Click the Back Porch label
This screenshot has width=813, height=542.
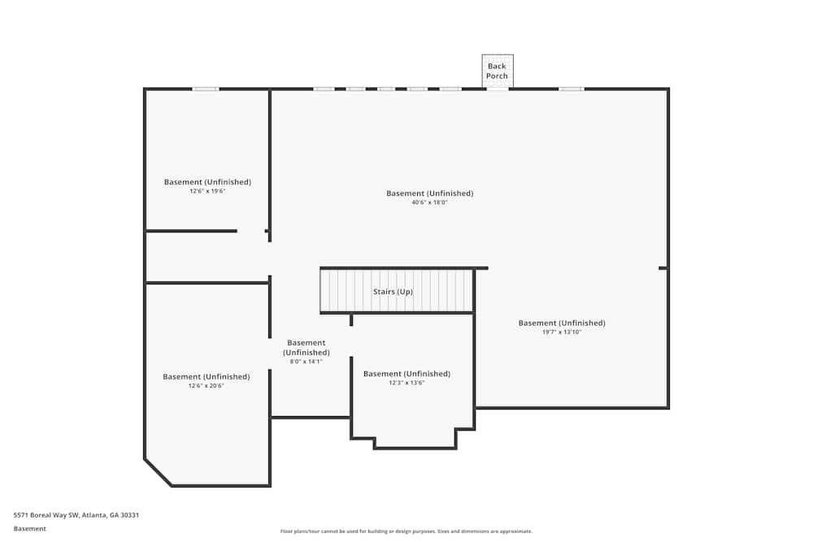tap(497, 71)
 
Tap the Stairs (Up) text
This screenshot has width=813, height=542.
tap(393, 291)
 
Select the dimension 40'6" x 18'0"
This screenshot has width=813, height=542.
tap(429, 202)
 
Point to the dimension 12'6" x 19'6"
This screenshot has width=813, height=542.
tap(207, 191)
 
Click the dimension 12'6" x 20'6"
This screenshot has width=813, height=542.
tap(206, 386)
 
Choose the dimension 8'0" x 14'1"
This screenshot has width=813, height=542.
tap(306, 362)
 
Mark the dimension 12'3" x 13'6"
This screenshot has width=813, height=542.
tap(406, 383)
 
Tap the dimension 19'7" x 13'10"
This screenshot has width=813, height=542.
tap(562, 332)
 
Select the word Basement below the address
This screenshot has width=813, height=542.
tap(30, 528)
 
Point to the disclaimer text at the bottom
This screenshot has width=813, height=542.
tap(406, 531)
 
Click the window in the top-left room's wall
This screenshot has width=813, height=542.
tap(206, 89)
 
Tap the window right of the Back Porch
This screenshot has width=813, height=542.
tap(571, 89)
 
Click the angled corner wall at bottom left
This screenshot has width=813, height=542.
tap(158, 472)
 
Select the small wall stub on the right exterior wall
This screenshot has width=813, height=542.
tap(663, 267)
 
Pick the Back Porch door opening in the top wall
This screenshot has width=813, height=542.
tap(498, 89)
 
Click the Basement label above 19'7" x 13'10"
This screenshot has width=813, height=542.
tap(562, 323)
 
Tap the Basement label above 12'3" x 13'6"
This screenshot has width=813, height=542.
tap(406, 374)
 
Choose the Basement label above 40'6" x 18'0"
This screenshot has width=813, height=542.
tap(429, 193)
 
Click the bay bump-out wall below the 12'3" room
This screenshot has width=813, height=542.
tap(415, 447)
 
